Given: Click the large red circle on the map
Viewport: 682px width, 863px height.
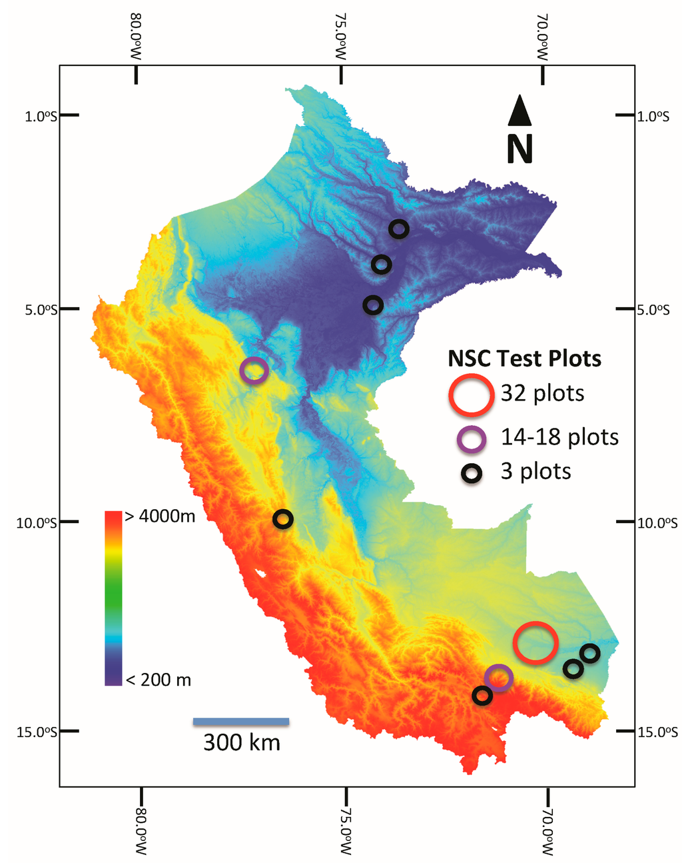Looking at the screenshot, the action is (x=535, y=642).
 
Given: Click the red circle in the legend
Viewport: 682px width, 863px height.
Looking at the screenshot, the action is (x=470, y=393).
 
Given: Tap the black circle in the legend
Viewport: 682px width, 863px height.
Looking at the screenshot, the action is (x=473, y=473).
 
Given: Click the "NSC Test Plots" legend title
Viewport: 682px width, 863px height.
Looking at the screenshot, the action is (x=524, y=359).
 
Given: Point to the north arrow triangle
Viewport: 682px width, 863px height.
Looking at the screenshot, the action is (x=519, y=111).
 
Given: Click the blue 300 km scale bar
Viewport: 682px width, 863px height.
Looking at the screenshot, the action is (x=241, y=721).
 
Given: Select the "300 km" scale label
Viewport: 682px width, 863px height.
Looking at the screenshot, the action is (x=241, y=742).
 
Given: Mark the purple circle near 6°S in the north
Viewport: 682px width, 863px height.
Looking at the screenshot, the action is (x=254, y=371).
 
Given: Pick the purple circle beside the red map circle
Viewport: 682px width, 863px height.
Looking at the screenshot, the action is (x=499, y=678).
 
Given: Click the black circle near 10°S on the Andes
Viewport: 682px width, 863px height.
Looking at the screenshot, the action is (x=282, y=518).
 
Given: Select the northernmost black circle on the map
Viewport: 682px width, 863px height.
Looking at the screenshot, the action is (x=398, y=229).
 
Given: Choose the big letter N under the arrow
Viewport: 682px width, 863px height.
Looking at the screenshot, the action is (x=519, y=149).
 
